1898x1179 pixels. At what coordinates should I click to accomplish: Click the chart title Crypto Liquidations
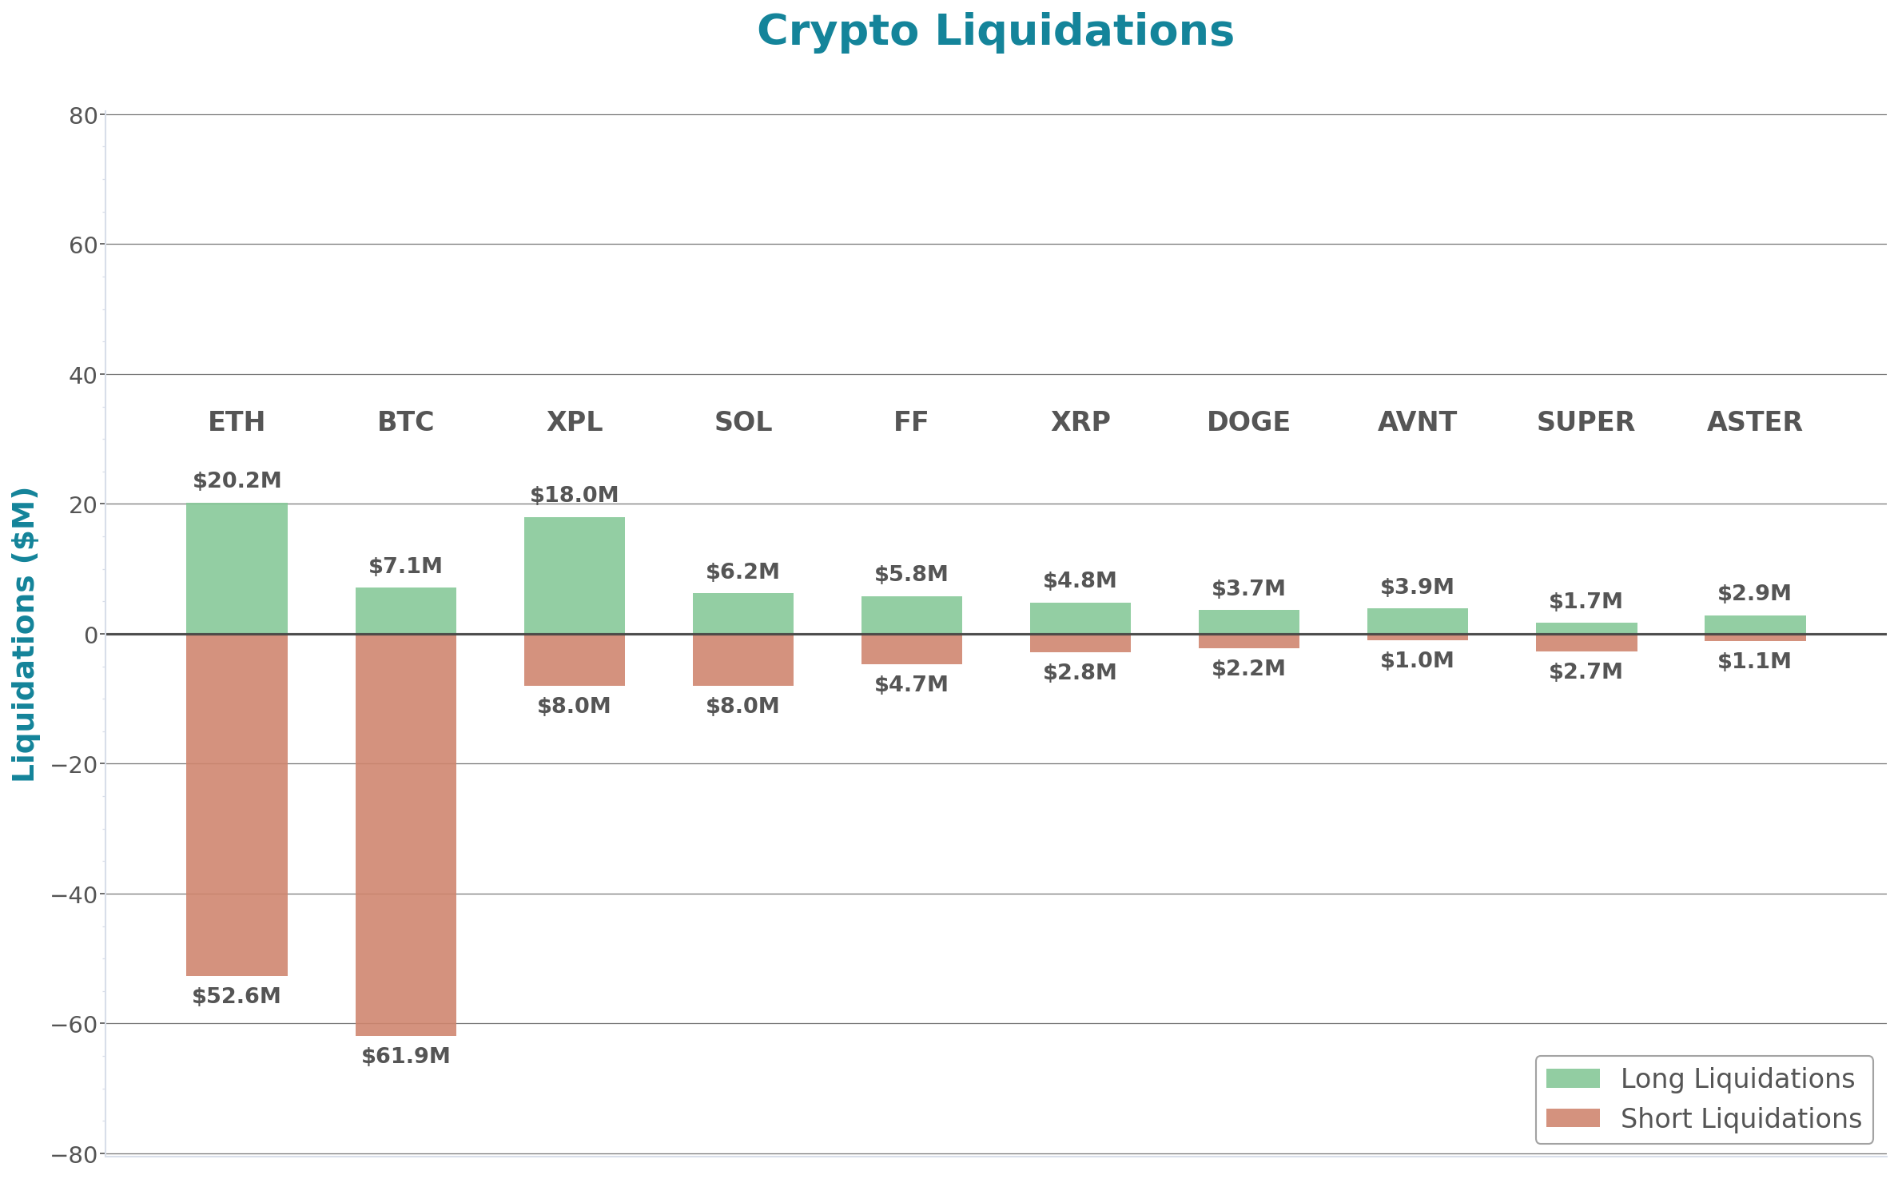(995, 32)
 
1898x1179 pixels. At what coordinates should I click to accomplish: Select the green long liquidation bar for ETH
(237, 568)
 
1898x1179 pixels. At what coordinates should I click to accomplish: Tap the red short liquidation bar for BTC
(405, 834)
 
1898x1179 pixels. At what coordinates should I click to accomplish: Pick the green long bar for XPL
(574, 576)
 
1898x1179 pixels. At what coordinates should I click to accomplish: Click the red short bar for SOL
(742, 660)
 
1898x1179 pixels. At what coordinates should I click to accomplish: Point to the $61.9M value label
(405, 1056)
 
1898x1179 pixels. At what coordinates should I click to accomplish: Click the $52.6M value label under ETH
(237, 996)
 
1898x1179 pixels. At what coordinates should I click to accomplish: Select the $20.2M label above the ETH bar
(237, 480)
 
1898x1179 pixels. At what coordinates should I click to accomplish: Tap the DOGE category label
(1248, 421)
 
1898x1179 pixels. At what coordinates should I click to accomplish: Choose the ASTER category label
(1754, 421)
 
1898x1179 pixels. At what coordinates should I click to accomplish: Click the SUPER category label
(1586, 421)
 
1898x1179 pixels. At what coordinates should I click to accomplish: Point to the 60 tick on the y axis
(83, 245)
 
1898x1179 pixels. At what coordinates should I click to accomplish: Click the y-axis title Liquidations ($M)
(24, 634)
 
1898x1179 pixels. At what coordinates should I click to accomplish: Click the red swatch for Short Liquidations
(1572, 1118)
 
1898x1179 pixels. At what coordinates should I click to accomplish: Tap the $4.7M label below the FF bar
(911, 684)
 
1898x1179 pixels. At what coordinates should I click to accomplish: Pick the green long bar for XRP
(1080, 618)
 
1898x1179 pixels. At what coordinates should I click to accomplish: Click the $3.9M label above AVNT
(1417, 587)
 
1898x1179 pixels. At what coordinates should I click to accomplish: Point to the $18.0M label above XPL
(574, 495)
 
